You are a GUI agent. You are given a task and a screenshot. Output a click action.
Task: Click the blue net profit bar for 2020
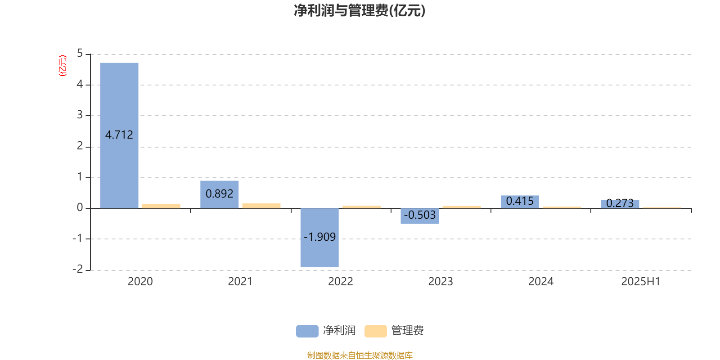click(119, 135)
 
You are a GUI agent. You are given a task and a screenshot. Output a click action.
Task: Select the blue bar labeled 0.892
click(220, 194)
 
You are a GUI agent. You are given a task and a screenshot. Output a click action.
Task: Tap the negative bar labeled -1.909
click(319, 238)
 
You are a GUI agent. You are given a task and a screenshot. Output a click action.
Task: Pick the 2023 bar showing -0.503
click(420, 216)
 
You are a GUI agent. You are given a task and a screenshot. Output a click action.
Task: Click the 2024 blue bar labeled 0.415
click(520, 202)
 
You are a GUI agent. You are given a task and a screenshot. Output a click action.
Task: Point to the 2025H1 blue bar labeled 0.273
click(620, 204)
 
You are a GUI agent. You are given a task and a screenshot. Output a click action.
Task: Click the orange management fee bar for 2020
click(162, 206)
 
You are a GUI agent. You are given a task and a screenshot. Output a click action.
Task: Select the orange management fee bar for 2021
click(261, 206)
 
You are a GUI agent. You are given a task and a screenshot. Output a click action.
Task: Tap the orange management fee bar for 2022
click(362, 207)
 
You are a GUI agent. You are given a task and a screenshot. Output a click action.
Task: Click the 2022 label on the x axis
click(340, 282)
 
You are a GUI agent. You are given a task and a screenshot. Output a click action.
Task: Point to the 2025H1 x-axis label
click(641, 282)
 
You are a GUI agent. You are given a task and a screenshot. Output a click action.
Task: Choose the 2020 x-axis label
click(140, 282)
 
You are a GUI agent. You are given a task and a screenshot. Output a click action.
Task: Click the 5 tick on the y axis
click(80, 54)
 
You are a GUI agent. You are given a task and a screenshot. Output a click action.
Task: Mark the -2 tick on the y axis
click(78, 269)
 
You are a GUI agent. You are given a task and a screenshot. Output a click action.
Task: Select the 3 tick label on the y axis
click(80, 115)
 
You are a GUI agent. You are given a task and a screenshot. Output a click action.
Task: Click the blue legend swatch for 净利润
click(307, 331)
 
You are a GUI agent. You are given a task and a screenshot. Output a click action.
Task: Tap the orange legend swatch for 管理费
click(375, 331)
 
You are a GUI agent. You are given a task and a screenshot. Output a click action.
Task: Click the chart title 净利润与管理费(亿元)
click(360, 11)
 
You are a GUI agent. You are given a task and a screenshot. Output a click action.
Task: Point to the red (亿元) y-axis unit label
click(63, 66)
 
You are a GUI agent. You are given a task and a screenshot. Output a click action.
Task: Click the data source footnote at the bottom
click(360, 355)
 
